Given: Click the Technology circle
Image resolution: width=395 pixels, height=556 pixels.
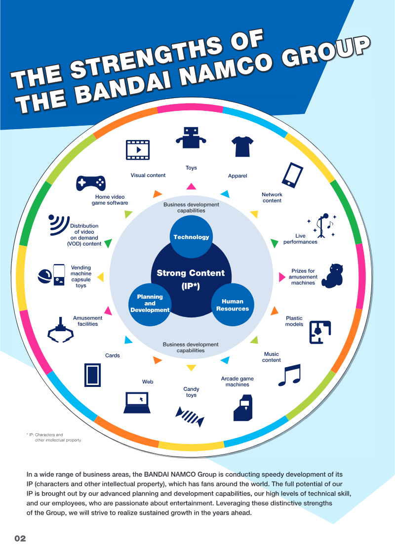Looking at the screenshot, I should [191, 237].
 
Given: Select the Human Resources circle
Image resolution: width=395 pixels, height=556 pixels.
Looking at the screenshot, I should [233, 305].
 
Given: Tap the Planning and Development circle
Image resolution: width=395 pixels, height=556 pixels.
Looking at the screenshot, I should [150, 304].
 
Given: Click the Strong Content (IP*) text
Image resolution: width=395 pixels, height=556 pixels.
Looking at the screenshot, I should [191, 279].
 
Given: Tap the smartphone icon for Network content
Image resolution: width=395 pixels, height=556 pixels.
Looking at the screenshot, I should [292, 174].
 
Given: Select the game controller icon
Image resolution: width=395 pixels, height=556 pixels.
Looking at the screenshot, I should [91, 183].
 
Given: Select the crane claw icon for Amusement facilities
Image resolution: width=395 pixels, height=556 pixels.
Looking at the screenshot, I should [61, 332].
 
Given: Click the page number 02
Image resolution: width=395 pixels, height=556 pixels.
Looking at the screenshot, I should [20, 538].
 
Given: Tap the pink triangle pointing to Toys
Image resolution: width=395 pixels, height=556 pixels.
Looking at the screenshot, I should [191, 186].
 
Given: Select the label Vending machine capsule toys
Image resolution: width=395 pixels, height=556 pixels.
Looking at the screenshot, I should [81, 277].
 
